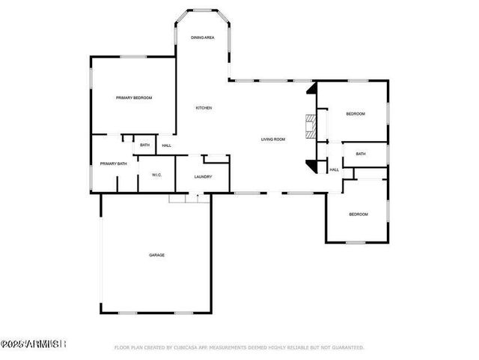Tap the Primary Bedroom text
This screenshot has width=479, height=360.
[x=134, y=97]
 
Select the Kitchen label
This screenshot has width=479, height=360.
[x=204, y=108]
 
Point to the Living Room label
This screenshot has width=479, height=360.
[x=273, y=139]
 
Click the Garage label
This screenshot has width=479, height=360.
[x=156, y=255]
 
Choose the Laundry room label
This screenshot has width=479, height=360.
[x=203, y=177]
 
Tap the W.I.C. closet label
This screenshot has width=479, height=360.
[x=157, y=175]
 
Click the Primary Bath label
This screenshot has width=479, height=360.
[x=114, y=163]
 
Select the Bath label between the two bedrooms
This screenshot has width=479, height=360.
[x=361, y=154]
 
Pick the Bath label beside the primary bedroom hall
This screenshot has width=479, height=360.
[x=145, y=145]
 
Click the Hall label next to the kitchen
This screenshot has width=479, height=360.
[x=167, y=145]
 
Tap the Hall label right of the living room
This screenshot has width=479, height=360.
[x=335, y=169]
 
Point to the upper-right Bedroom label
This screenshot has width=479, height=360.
[x=355, y=113]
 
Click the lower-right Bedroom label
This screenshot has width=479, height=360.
[x=359, y=215]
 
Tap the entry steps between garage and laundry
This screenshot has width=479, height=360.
[x=187, y=198]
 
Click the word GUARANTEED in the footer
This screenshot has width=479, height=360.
[x=347, y=347]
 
